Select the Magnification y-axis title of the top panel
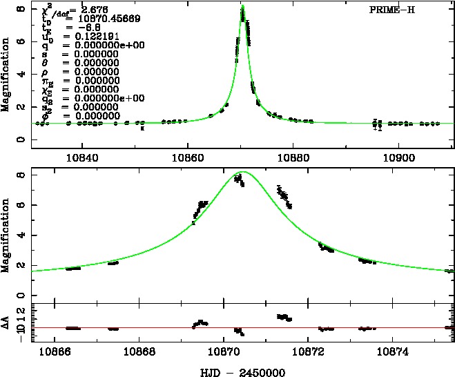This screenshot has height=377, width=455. point(6,76)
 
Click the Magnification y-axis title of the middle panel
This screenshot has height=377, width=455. point(6,231)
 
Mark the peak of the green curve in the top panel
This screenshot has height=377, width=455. point(243,6)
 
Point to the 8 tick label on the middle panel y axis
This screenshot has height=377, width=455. point(22,175)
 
